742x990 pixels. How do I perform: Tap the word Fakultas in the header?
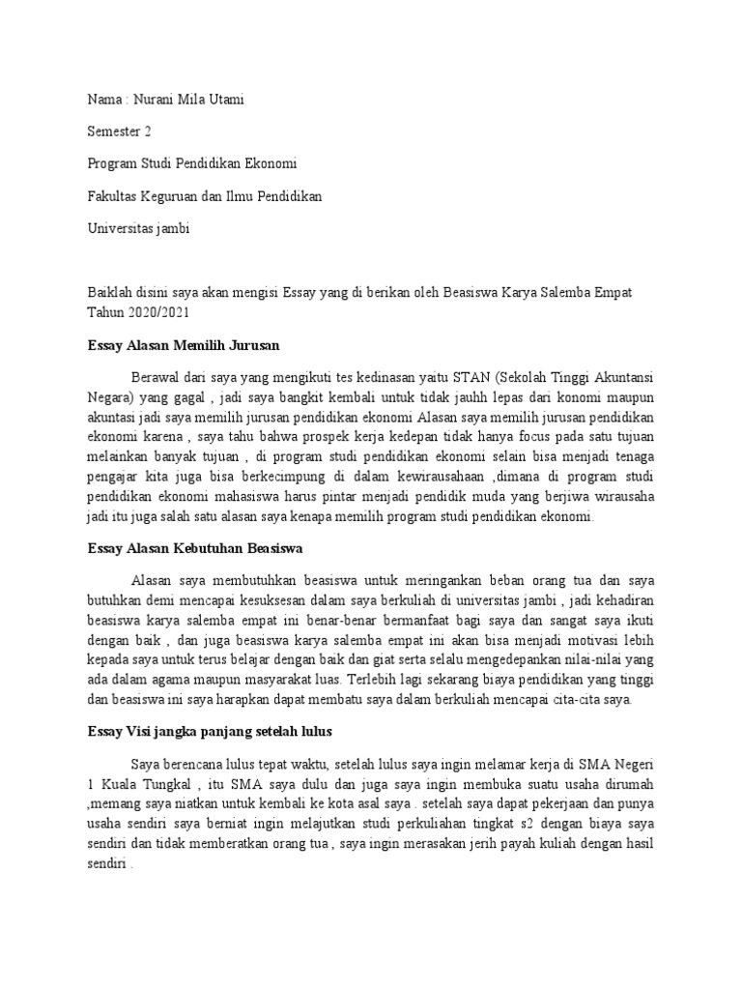114,196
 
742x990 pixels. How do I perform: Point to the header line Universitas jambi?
138,228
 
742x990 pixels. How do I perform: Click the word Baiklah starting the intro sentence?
109,291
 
